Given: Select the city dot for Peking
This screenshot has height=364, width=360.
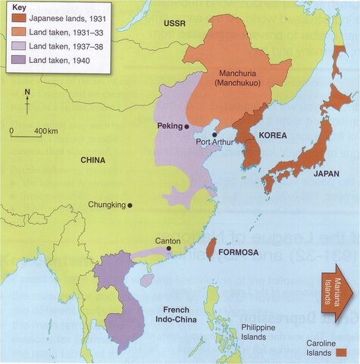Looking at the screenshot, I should (x=186, y=127).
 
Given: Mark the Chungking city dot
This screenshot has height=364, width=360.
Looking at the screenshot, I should (x=130, y=205).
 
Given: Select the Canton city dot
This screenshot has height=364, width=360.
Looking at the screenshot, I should (x=168, y=249).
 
